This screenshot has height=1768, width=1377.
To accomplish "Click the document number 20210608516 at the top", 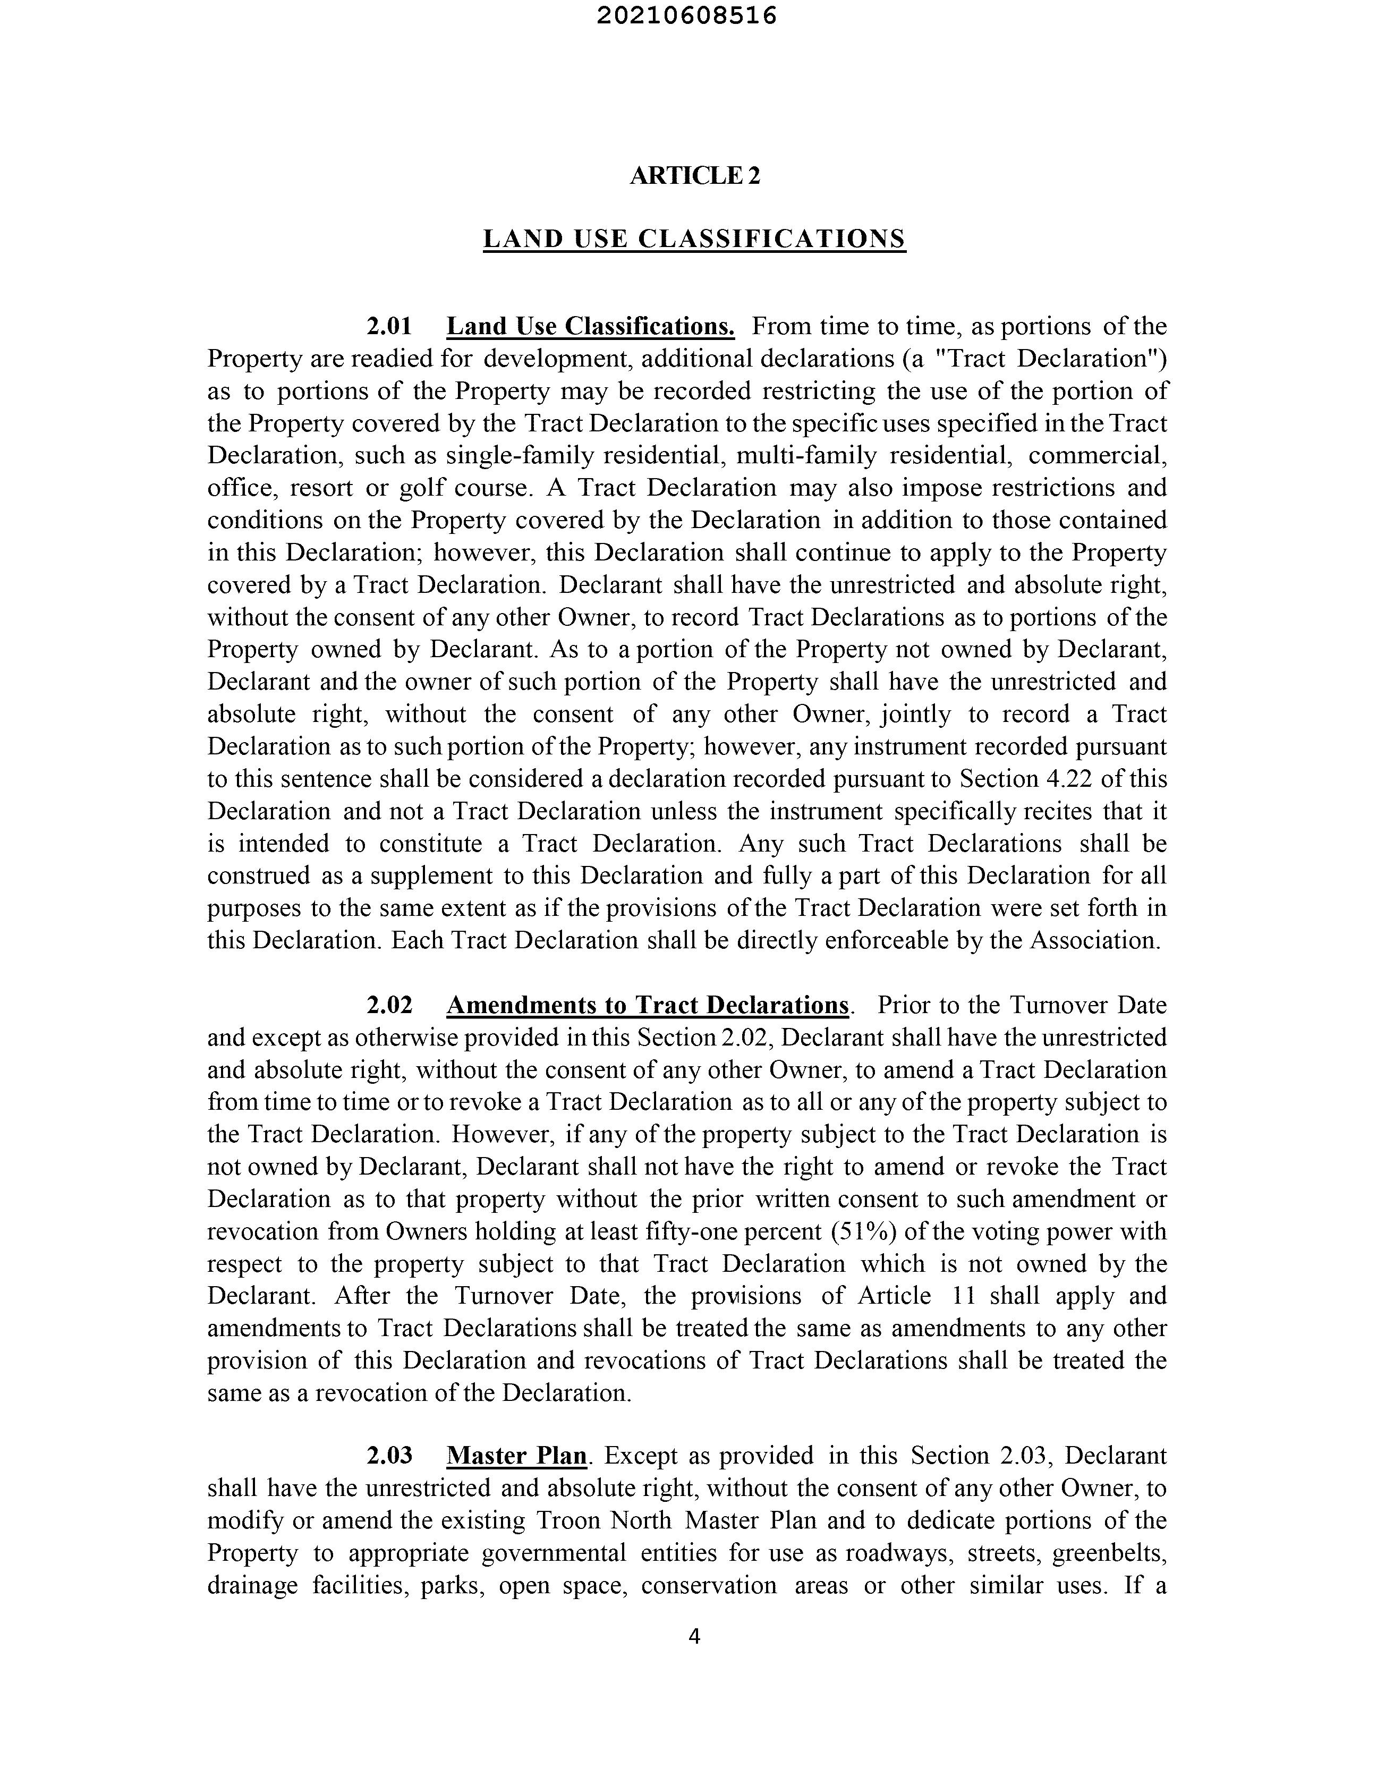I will pyautogui.click(x=686, y=16).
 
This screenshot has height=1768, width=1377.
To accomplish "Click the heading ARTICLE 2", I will pyautogui.click(x=694, y=176).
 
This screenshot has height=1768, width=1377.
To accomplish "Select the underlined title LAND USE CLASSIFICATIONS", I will pyautogui.click(x=694, y=239).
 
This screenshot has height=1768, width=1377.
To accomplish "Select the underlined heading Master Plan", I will pyautogui.click(x=516, y=1456).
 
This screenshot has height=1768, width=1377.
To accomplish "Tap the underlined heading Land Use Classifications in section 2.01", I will pyautogui.click(x=590, y=326).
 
